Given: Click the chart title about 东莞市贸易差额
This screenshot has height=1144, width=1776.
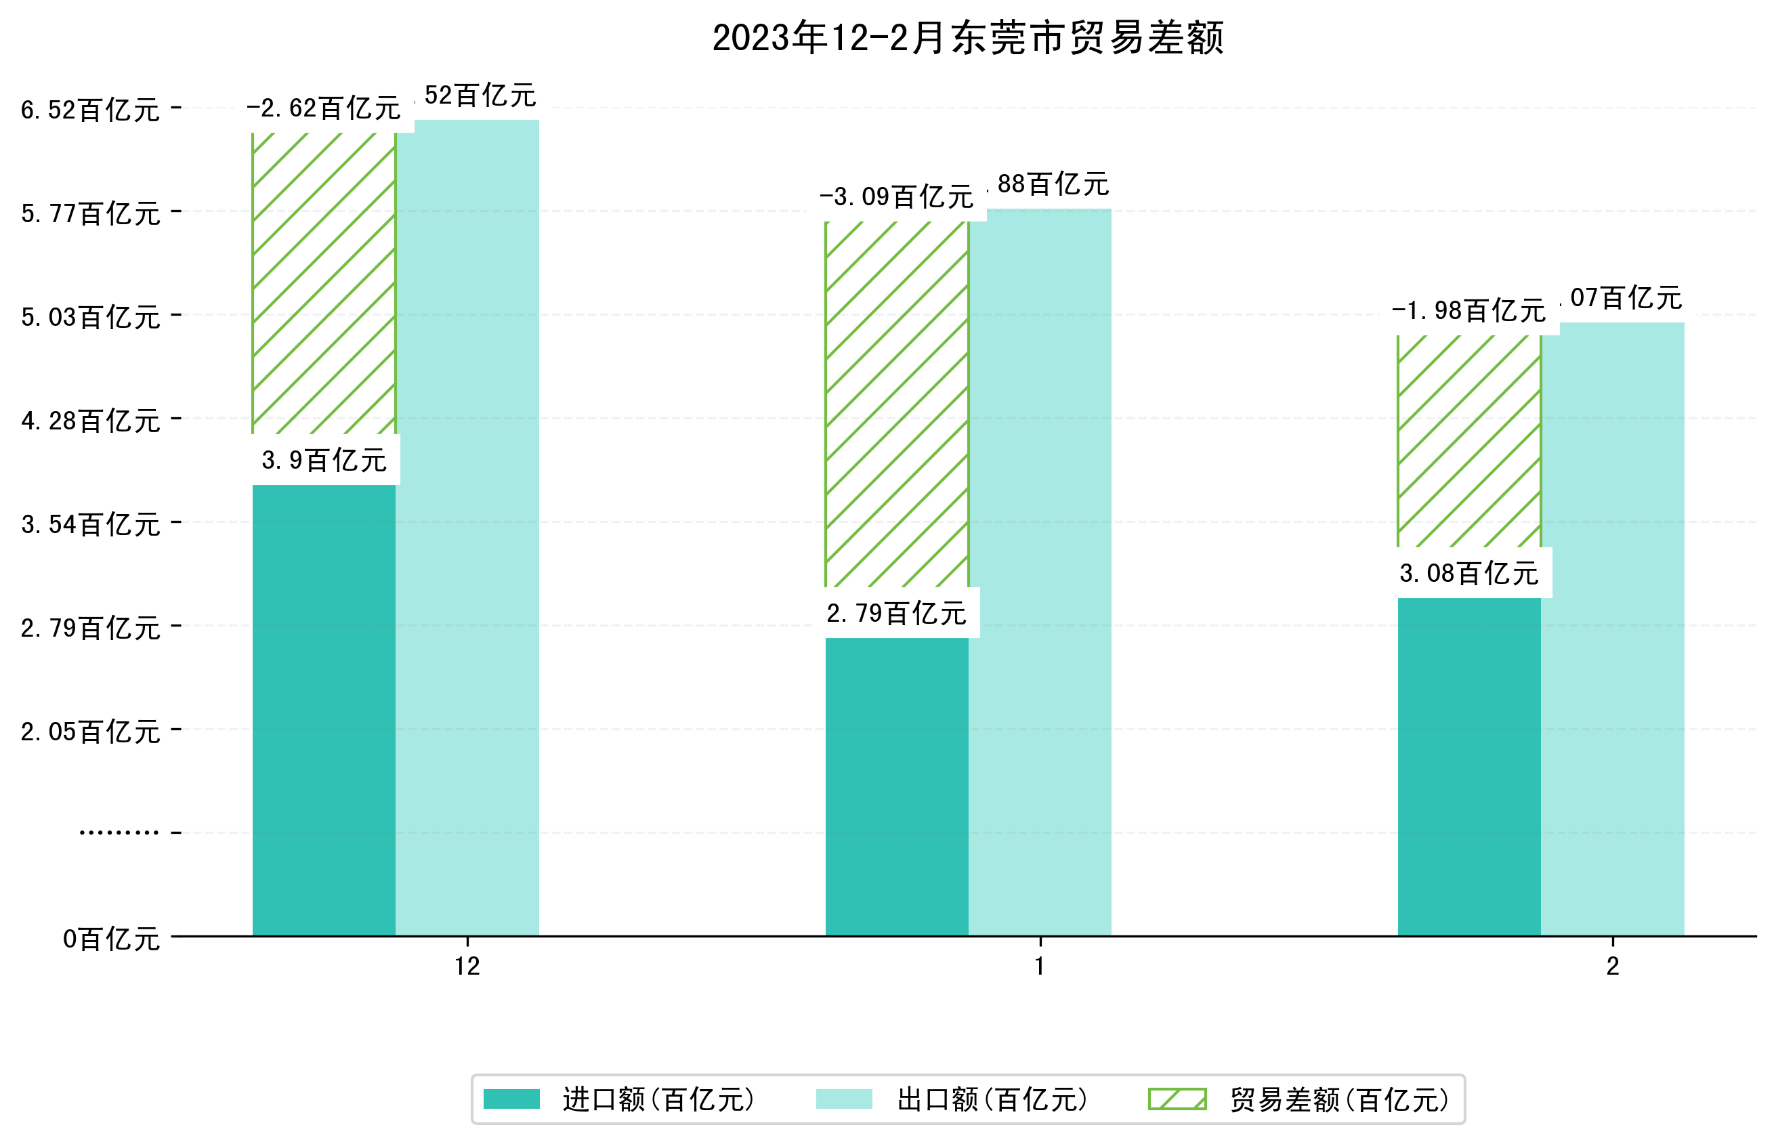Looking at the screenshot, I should point(967,38).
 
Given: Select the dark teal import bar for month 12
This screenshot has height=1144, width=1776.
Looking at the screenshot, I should point(324,709).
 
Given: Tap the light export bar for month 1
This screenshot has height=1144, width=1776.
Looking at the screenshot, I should point(1040,572).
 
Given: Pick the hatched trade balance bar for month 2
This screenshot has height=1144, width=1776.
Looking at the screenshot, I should point(1468,440).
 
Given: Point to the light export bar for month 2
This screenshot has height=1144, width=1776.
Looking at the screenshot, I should point(1613,629).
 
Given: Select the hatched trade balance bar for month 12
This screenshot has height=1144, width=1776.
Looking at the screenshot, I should point(324,282).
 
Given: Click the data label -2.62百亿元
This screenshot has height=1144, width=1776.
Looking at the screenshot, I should point(324,109).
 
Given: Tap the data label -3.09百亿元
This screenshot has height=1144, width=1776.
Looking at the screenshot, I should point(897,198).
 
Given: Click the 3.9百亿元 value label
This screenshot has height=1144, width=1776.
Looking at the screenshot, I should point(324,461).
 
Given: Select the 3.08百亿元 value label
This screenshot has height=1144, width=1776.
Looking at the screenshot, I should point(1468,574).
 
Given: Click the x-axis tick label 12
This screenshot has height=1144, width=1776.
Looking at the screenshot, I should point(467,967).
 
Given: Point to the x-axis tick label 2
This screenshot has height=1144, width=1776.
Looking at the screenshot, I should point(1613,967).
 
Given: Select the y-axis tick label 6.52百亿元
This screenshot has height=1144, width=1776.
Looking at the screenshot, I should point(90,110).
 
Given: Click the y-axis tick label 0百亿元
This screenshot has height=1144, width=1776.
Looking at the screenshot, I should point(110,939).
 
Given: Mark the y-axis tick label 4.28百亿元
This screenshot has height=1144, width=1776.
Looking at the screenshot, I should point(90,421).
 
